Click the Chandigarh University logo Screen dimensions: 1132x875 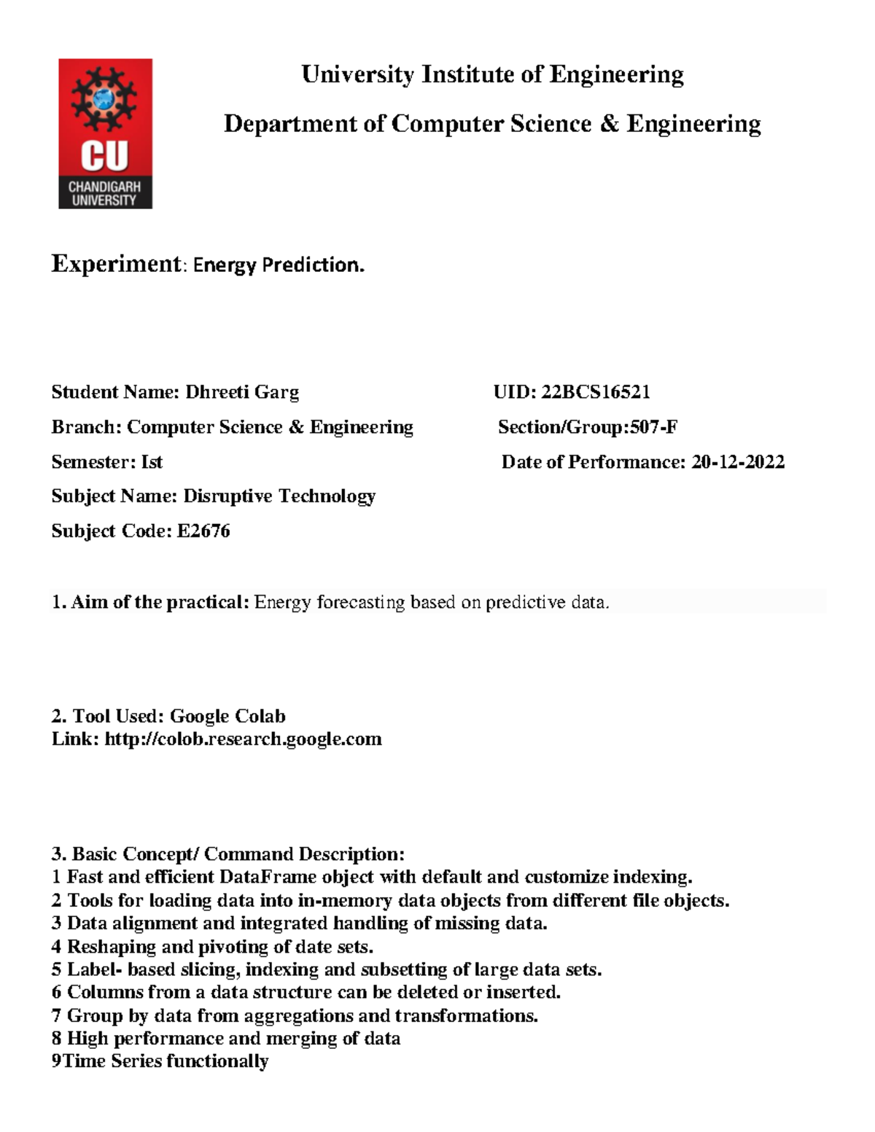click(105, 133)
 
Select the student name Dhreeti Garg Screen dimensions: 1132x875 click(242, 392)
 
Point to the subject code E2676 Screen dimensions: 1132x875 click(203, 531)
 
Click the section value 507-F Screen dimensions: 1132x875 click(653, 427)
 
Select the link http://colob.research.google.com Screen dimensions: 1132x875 click(243, 739)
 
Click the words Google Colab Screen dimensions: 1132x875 click(227, 716)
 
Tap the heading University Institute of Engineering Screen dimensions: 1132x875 click(492, 74)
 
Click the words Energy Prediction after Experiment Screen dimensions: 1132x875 click(278, 265)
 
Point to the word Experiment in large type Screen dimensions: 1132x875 click(115, 263)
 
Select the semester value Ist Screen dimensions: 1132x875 click(152, 462)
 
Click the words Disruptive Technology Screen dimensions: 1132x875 click(279, 496)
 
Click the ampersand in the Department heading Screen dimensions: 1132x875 click(608, 124)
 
